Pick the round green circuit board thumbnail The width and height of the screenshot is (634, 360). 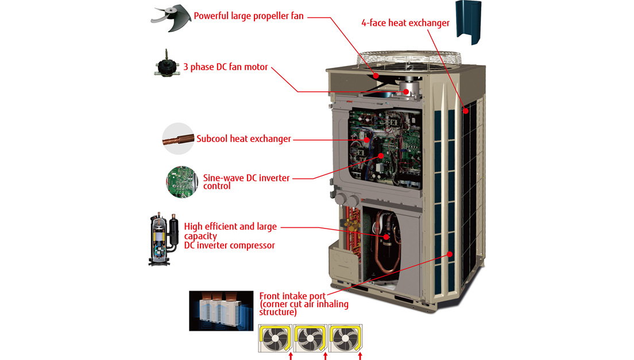[x=182, y=182]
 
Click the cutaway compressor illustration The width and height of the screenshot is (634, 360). [x=164, y=239]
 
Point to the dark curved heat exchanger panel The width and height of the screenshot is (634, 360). [x=468, y=22]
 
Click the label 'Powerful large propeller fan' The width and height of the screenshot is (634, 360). [x=248, y=16]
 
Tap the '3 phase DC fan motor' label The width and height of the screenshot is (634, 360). [x=226, y=67]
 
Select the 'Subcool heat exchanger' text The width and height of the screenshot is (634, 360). [x=243, y=139]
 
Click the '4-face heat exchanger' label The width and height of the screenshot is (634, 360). [x=405, y=23]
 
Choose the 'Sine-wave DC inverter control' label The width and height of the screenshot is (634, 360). [x=246, y=182]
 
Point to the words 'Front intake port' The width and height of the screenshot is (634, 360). [x=292, y=296]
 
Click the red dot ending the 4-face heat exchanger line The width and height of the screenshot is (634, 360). [x=466, y=111]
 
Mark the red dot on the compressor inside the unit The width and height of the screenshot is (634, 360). [x=386, y=237]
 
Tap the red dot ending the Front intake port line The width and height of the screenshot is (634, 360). [x=450, y=254]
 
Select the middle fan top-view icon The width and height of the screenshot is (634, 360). [x=310, y=338]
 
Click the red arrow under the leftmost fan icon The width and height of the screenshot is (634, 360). [x=291, y=357]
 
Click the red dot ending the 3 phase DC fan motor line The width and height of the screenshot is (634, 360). [x=405, y=92]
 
